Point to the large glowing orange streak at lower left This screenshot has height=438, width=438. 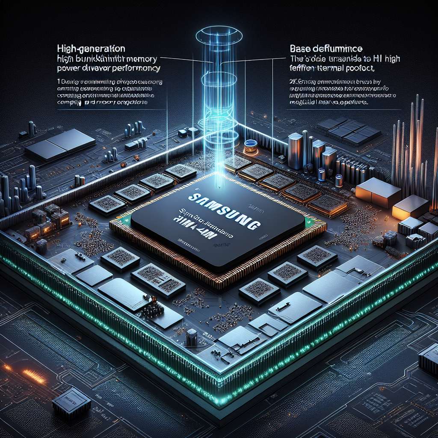pos(34,376)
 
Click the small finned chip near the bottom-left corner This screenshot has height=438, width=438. pos(71,404)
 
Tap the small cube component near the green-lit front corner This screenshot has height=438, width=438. pos(192,337)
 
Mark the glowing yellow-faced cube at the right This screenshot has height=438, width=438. pos(409,207)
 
